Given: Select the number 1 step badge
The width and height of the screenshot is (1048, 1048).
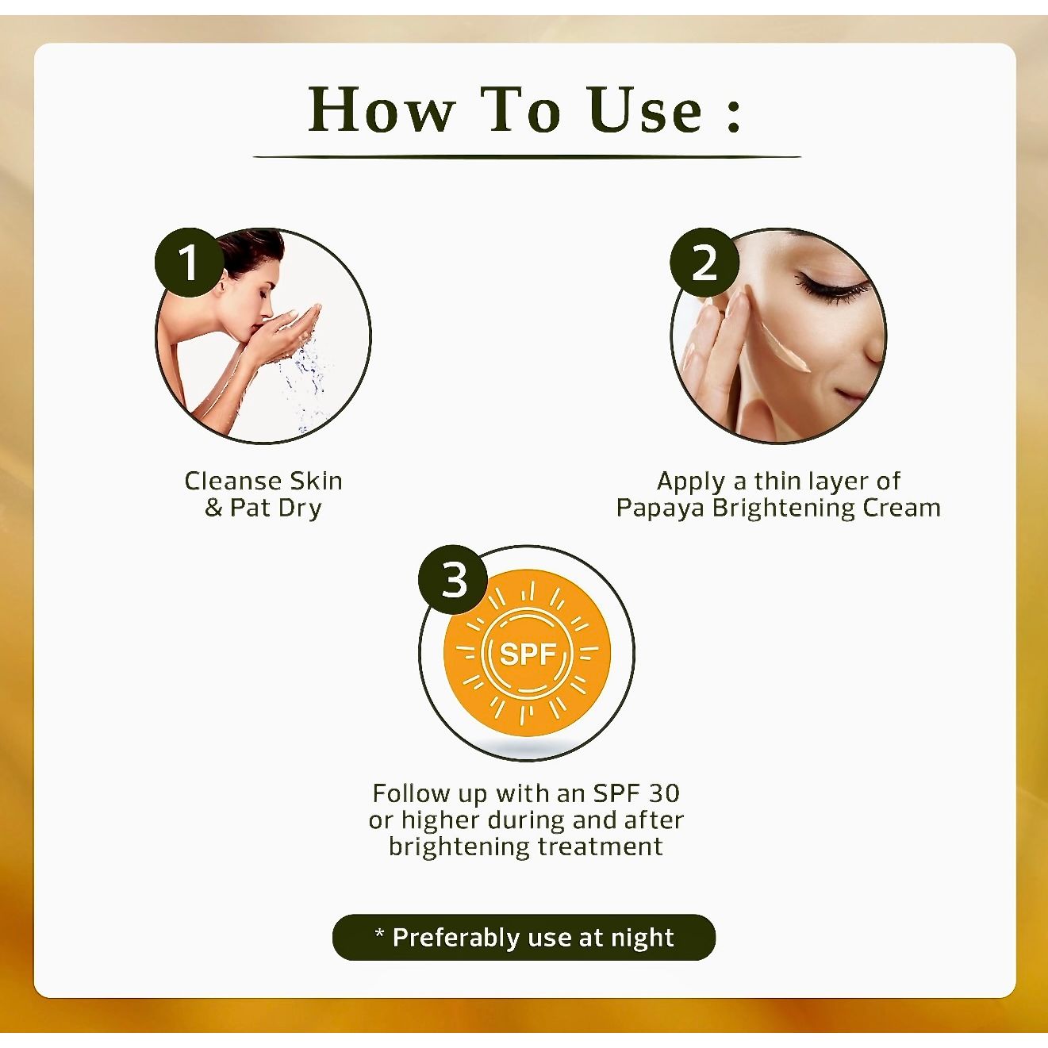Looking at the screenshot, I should pyautogui.click(x=188, y=263).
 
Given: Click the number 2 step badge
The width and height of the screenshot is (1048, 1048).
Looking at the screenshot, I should pyautogui.click(x=704, y=263).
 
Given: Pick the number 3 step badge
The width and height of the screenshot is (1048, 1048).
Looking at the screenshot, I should pyautogui.click(x=453, y=579).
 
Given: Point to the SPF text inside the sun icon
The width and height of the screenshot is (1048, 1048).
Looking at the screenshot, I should pyautogui.click(x=527, y=654).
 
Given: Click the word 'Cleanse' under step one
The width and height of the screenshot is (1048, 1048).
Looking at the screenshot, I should pyautogui.click(x=233, y=481).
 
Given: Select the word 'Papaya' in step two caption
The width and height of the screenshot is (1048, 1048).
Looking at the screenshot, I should pyautogui.click(x=660, y=508).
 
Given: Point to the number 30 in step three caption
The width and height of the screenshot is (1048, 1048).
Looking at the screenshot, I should pyautogui.click(x=664, y=793).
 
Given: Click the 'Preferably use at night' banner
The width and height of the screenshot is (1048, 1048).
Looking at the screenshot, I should pyautogui.click(x=524, y=937).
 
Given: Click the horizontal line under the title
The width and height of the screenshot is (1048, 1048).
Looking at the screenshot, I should pyautogui.click(x=526, y=157).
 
